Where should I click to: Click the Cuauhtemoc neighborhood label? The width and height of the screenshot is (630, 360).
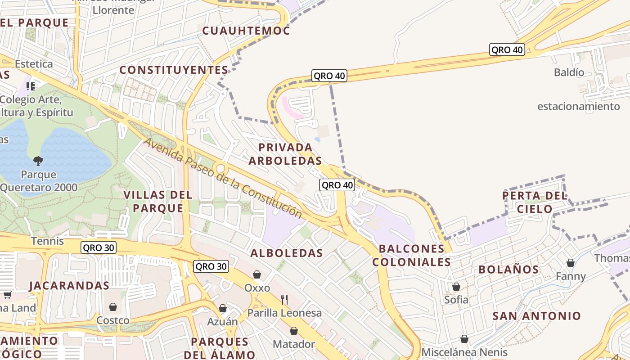(x=246, y=31)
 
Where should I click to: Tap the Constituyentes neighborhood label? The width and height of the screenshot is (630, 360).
(x=174, y=70)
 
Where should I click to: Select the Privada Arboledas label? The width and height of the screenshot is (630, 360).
(x=285, y=154)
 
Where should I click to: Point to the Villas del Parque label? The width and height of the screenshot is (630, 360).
(x=158, y=202)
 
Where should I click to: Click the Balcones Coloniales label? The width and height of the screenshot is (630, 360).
(x=412, y=255)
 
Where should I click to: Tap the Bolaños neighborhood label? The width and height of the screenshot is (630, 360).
(x=508, y=270)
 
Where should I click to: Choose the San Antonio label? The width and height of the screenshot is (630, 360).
(x=537, y=316)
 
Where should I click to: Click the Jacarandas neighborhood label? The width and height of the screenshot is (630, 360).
(x=69, y=285)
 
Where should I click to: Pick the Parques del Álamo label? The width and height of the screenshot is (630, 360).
(x=220, y=348)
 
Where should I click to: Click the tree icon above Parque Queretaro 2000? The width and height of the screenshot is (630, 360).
(x=38, y=161)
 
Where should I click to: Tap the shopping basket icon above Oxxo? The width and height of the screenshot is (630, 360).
(x=257, y=274)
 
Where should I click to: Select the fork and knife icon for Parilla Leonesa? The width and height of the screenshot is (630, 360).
(x=284, y=299)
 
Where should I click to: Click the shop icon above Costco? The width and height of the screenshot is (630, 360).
(x=113, y=307)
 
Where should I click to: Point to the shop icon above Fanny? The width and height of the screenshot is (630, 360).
(x=571, y=263)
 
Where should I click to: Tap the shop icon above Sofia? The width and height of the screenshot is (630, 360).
(x=456, y=287)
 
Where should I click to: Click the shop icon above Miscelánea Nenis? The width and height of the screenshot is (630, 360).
(x=464, y=339)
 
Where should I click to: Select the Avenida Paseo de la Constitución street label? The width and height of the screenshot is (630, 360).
(x=223, y=179)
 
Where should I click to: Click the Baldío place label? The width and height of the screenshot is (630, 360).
(x=569, y=72)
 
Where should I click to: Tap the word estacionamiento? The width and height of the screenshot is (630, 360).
(x=579, y=107)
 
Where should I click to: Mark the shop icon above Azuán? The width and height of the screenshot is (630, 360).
(x=222, y=308)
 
